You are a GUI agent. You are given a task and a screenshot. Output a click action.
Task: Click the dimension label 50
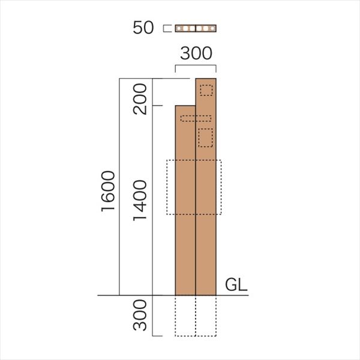[x=143, y=28]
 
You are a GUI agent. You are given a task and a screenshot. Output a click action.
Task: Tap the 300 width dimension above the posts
[x=196, y=53]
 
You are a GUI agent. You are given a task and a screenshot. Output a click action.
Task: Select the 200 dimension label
[x=140, y=99]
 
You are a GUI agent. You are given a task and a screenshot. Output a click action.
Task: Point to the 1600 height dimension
[x=108, y=191]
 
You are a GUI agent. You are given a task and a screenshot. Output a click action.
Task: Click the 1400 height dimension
[x=140, y=200]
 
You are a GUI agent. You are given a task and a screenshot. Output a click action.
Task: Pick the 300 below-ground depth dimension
[x=140, y=315]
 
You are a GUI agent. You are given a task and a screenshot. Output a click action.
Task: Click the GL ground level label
[x=236, y=285]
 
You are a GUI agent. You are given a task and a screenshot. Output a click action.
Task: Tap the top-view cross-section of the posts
[x=196, y=28]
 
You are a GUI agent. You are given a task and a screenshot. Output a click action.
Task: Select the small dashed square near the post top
[x=206, y=90]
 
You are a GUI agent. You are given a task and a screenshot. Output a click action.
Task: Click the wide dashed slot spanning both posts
[x=196, y=118]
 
